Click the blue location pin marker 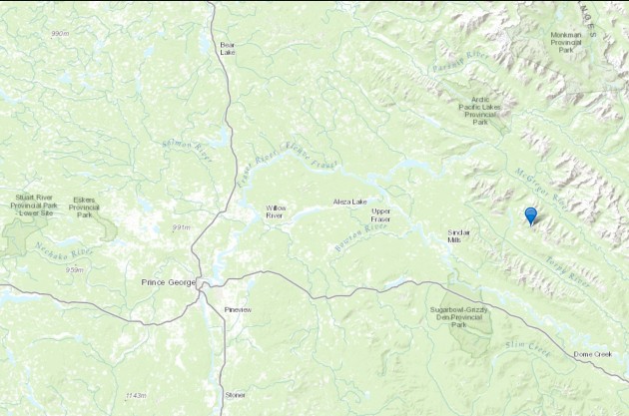click(531, 214)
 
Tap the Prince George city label click(166, 284)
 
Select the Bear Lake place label click(228, 48)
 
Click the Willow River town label click(276, 211)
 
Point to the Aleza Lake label click(350, 203)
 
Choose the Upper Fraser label click(381, 215)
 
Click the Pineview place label click(240, 310)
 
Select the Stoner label click(236, 394)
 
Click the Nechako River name click(64, 248)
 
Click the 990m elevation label click(60, 33)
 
